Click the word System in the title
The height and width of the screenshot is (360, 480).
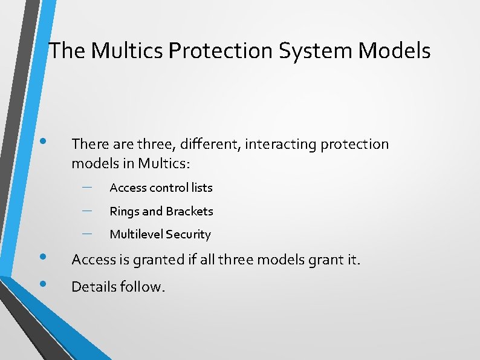(x=316, y=51)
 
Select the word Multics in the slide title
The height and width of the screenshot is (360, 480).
(x=128, y=51)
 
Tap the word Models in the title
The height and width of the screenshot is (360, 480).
(x=394, y=51)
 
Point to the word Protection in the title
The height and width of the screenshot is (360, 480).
(x=221, y=51)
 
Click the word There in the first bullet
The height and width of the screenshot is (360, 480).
(x=89, y=144)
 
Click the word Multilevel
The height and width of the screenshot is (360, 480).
(x=136, y=234)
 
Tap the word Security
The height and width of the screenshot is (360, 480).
(x=188, y=234)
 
